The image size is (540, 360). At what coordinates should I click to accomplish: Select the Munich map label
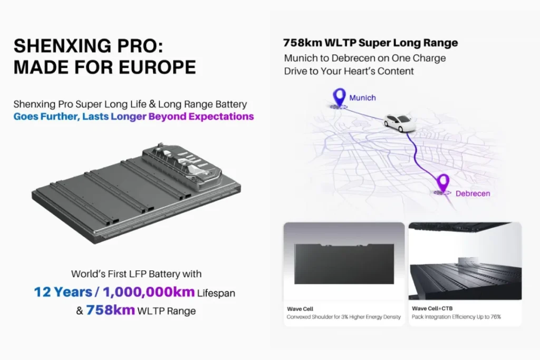pyautogui.click(x=362, y=98)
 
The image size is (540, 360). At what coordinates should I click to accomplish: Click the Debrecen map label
pyautogui.click(x=472, y=193)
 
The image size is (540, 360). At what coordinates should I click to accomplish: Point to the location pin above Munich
pyautogui.click(x=337, y=96)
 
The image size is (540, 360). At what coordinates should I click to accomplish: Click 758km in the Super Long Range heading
pyautogui.click(x=301, y=43)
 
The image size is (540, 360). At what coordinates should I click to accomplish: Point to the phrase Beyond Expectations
pyautogui.click(x=201, y=116)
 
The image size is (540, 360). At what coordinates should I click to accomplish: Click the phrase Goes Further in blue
pyautogui.click(x=46, y=116)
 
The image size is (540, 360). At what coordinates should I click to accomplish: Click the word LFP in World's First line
pyautogui.click(x=141, y=274)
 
